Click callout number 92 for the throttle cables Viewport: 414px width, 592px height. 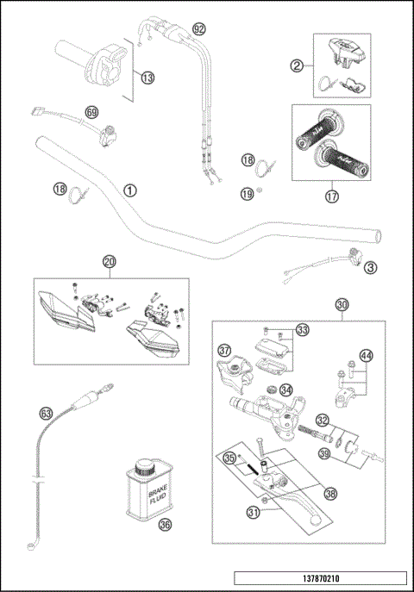click(x=199, y=28)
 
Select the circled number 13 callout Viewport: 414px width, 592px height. click(x=147, y=78)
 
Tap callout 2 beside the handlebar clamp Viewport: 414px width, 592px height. click(x=297, y=65)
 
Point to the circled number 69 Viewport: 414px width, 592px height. click(x=92, y=111)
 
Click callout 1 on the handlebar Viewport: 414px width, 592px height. click(x=129, y=189)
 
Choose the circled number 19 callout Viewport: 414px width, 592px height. click(x=248, y=195)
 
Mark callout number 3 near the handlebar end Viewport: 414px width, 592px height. click(x=369, y=268)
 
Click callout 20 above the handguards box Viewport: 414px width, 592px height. click(x=109, y=261)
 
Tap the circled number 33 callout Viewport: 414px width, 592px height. click(x=302, y=330)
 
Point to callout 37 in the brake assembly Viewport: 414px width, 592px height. click(x=224, y=351)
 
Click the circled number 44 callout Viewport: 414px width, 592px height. click(x=366, y=355)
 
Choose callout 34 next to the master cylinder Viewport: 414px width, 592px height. click(x=286, y=390)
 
